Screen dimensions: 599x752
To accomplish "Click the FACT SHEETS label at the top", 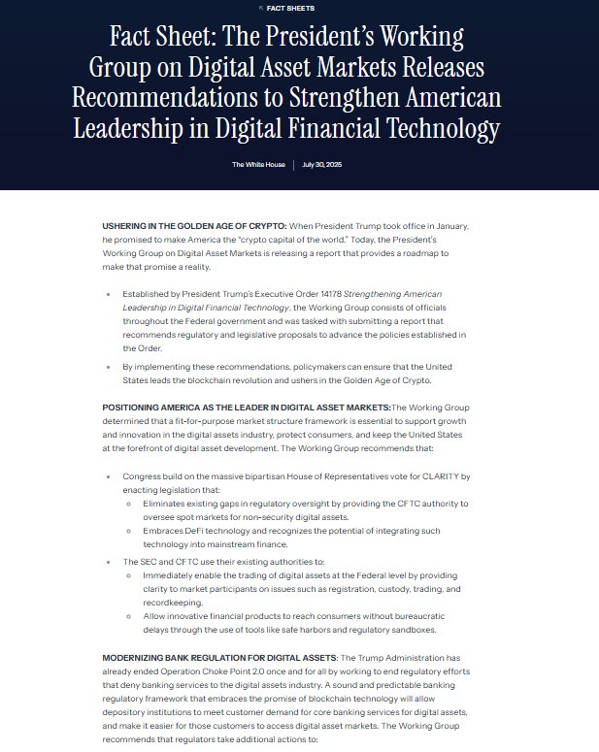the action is (300, 7).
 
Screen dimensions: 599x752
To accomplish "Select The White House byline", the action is (258, 165).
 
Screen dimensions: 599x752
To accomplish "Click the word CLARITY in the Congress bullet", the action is (440, 476).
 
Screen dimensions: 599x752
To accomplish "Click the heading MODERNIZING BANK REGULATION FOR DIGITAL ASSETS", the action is (219, 656).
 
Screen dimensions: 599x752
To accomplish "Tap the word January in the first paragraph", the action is (444, 225).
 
